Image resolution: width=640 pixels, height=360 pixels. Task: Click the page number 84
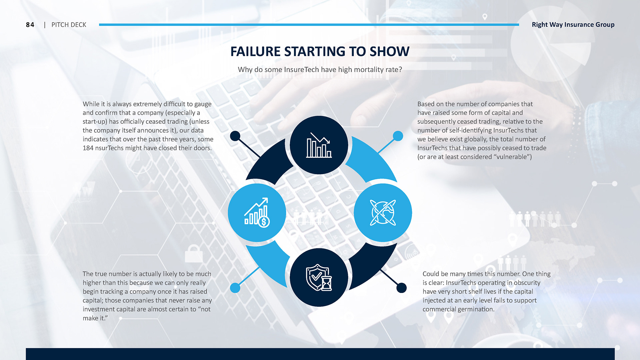(30, 25)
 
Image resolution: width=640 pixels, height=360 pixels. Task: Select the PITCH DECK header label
(69, 25)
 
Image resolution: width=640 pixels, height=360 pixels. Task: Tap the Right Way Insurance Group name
(573, 25)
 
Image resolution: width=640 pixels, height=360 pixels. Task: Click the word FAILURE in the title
(255, 51)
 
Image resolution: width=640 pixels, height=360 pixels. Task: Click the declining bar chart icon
(319, 145)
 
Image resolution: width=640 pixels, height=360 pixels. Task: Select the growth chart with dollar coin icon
(257, 212)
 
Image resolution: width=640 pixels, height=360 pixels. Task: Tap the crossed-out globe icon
(383, 212)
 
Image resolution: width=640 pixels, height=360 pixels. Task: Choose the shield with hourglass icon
(319, 277)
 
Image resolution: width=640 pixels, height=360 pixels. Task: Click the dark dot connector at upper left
(235, 136)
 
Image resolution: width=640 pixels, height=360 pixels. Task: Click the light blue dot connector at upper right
(398, 136)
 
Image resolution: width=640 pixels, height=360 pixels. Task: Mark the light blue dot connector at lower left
(235, 288)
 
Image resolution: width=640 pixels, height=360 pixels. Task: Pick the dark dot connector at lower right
(402, 288)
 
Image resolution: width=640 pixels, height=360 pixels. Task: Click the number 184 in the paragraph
(88, 148)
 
